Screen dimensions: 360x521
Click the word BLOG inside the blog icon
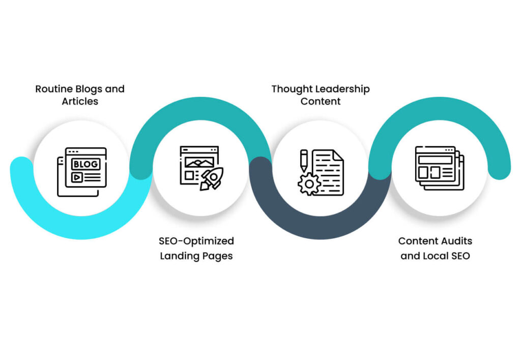pos(85,164)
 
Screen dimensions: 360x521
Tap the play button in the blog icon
pos(77,177)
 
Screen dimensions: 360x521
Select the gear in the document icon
pos(309,183)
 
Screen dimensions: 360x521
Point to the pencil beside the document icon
pos(304,159)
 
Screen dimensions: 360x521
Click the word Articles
pos(80,101)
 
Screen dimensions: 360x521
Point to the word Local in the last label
pos(433,256)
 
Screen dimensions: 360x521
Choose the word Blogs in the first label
pos(90,89)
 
